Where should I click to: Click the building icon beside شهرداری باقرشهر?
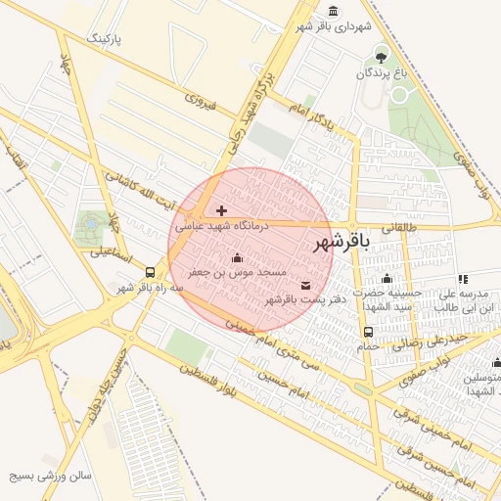click(335, 11)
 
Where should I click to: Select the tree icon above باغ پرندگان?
click(381, 54)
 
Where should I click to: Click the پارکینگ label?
click(107, 38)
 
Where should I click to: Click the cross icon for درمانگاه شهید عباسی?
click(222, 210)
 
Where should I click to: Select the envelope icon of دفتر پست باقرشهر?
click(306, 285)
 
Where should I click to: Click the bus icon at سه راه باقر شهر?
click(150, 273)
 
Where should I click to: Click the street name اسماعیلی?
click(114, 251)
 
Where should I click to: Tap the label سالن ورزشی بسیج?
click(50, 477)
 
